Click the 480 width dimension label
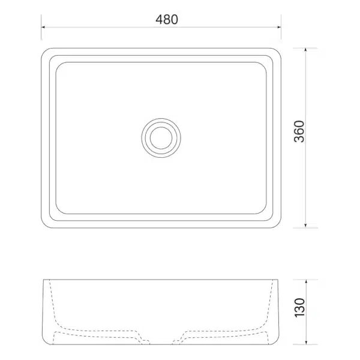(x=167, y=20)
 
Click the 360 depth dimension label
(x=299, y=131)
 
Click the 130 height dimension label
(x=299, y=308)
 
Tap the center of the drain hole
(x=161, y=138)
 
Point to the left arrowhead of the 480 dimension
(x=43, y=27)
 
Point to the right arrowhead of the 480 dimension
(x=280, y=27)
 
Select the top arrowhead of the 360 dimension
(x=305, y=50)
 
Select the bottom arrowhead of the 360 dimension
(x=305, y=226)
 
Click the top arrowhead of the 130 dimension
(x=306, y=281)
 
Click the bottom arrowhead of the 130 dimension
(x=306, y=343)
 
